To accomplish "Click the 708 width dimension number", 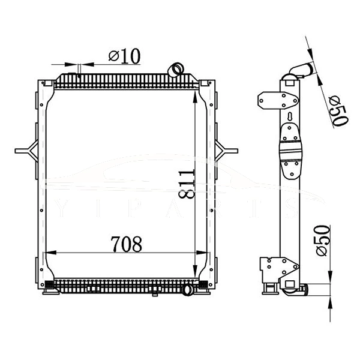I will tap(126, 244).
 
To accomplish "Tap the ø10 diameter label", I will tap(124, 56).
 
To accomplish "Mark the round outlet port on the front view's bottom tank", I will tap(187, 291).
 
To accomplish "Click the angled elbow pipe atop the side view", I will tap(298, 70).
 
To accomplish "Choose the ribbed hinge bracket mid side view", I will tap(290, 153).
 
